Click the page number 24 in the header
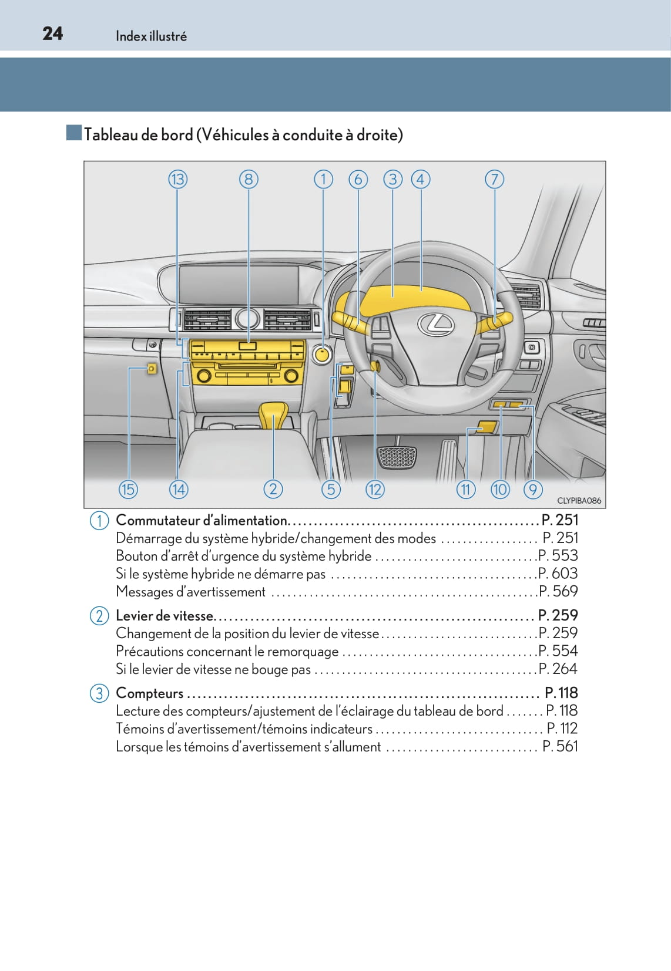coord(52,33)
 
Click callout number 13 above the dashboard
coord(177,179)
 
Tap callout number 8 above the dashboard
coord(249,179)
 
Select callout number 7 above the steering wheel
coord(494,179)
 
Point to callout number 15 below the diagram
coord(128,489)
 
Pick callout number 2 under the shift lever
coord(273,489)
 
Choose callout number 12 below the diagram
coord(374,489)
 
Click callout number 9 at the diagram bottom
coord(533,489)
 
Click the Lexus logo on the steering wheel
coord(435,323)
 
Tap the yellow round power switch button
coord(323,355)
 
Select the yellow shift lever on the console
coord(273,414)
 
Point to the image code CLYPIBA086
coord(579,501)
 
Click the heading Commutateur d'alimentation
coord(202,520)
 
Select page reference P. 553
coord(559,555)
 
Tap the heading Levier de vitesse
coord(165,616)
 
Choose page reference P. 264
coord(559,669)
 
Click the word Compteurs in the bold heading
coord(150,693)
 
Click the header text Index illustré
coord(151,36)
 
